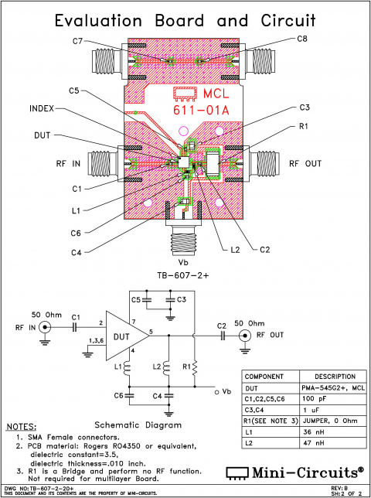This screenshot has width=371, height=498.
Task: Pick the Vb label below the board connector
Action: (x=184, y=261)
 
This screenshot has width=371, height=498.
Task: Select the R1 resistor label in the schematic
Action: (x=186, y=363)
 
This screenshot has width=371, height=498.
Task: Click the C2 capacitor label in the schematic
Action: (x=221, y=326)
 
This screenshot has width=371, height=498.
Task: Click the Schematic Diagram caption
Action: (x=138, y=425)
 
